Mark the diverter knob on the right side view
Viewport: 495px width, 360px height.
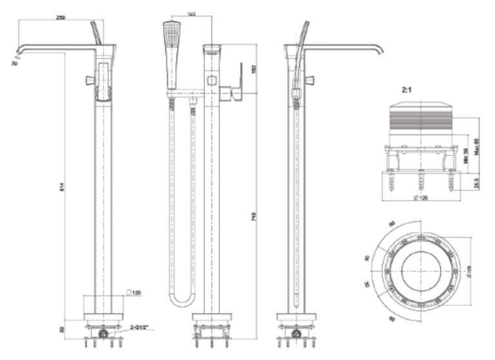(310, 80)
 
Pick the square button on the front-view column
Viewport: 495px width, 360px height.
(211, 81)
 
